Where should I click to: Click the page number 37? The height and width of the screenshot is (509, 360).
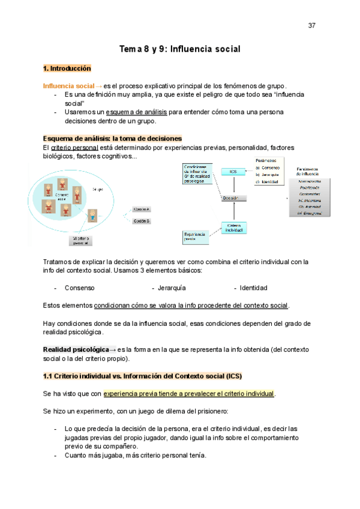(311, 26)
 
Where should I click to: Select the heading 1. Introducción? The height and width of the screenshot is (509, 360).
(67, 68)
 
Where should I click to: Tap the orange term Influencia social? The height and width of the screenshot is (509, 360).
(68, 86)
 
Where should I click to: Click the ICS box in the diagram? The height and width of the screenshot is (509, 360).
(233, 172)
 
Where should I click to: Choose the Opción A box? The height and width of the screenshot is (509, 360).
(142, 209)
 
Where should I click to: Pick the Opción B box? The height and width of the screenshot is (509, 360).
(142, 221)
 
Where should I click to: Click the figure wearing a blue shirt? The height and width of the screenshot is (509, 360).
(92, 215)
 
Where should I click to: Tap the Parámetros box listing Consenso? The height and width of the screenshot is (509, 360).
(268, 171)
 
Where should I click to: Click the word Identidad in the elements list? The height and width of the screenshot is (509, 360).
(253, 288)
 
